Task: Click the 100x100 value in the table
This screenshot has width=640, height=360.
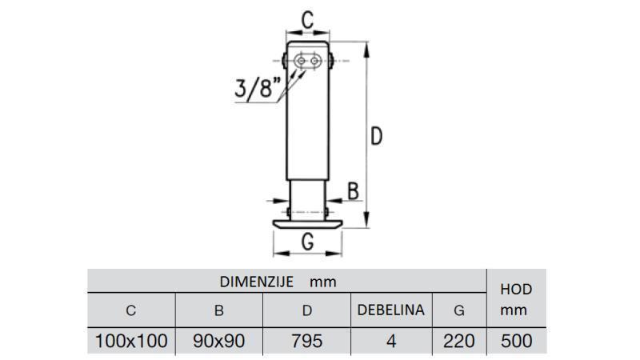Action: tap(131, 341)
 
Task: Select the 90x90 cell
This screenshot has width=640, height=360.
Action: tap(219, 341)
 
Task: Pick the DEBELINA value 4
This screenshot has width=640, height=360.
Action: tap(390, 341)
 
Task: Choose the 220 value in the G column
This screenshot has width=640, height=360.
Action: tap(458, 341)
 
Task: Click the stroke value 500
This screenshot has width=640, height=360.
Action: tap(516, 341)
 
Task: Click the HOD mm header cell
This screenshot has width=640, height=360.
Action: tap(515, 299)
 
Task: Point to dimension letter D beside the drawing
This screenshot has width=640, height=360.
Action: tap(376, 136)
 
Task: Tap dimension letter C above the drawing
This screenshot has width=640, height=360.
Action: tap(306, 19)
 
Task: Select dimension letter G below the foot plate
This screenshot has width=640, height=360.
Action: tap(307, 242)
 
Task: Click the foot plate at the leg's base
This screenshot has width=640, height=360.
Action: tap(307, 223)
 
